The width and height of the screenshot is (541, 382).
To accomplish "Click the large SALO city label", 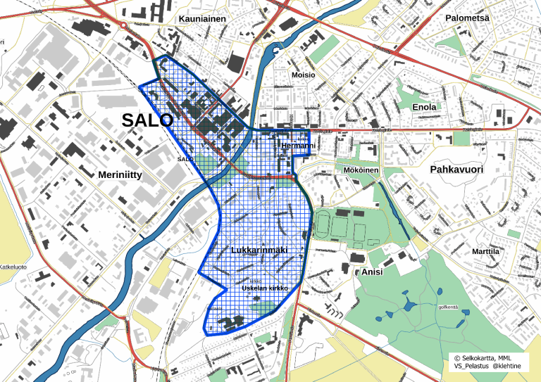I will [x=147, y=120].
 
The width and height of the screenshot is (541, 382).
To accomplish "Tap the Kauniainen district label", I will [x=203, y=19].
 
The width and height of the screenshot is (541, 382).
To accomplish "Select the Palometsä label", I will [x=467, y=17].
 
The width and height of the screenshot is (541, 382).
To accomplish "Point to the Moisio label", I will [x=304, y=75].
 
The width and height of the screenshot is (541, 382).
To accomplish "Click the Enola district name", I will [x=424, y=107].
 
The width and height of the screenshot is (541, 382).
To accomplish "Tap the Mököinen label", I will [x=361, y=170].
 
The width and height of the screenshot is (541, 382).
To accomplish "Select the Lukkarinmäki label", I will [x=260, y=250].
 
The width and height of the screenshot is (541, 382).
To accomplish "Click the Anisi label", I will [x=372, y=272].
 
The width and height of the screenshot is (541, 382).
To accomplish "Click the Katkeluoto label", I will [x=13, y=267].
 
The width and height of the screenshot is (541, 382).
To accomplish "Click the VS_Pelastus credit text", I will [x=471, y=367].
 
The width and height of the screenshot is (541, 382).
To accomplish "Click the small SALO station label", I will [x=185, y=160].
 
